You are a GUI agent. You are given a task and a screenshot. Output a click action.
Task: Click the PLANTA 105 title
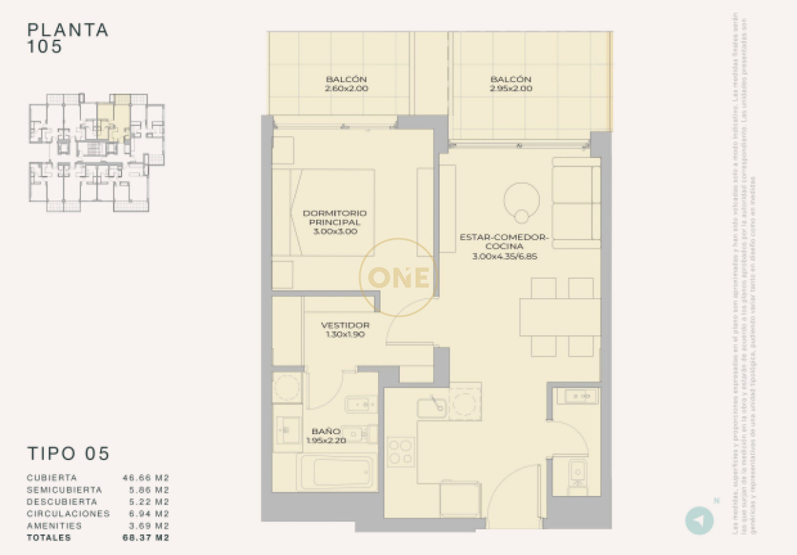tap(68, 39)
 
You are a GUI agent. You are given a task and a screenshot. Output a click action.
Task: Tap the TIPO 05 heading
tap(68, 453)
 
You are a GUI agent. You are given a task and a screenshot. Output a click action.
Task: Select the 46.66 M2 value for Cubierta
tap(146, 477)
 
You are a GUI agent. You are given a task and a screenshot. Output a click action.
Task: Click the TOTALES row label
tap(50, 538)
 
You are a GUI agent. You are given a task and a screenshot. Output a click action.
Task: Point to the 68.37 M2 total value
tap(146, 538)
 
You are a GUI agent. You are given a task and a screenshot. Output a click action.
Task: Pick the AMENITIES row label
tap(54, 526)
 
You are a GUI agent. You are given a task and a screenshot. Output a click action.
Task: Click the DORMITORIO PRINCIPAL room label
tap(334, 222)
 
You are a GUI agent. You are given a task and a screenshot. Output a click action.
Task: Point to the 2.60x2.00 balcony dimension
tap(346, 88)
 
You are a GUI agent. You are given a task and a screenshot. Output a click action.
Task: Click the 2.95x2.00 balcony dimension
tap(511, 88)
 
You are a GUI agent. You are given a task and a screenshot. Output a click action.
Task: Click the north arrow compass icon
tap(699, 520)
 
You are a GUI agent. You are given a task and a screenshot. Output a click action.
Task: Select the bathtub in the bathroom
tap(334, 472)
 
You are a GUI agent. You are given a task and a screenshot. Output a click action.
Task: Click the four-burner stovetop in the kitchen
tap(401, 451)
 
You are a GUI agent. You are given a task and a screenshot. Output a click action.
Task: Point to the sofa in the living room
tap(576, 203)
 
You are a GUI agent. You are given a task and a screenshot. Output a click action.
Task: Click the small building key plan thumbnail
tap(96, 152)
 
